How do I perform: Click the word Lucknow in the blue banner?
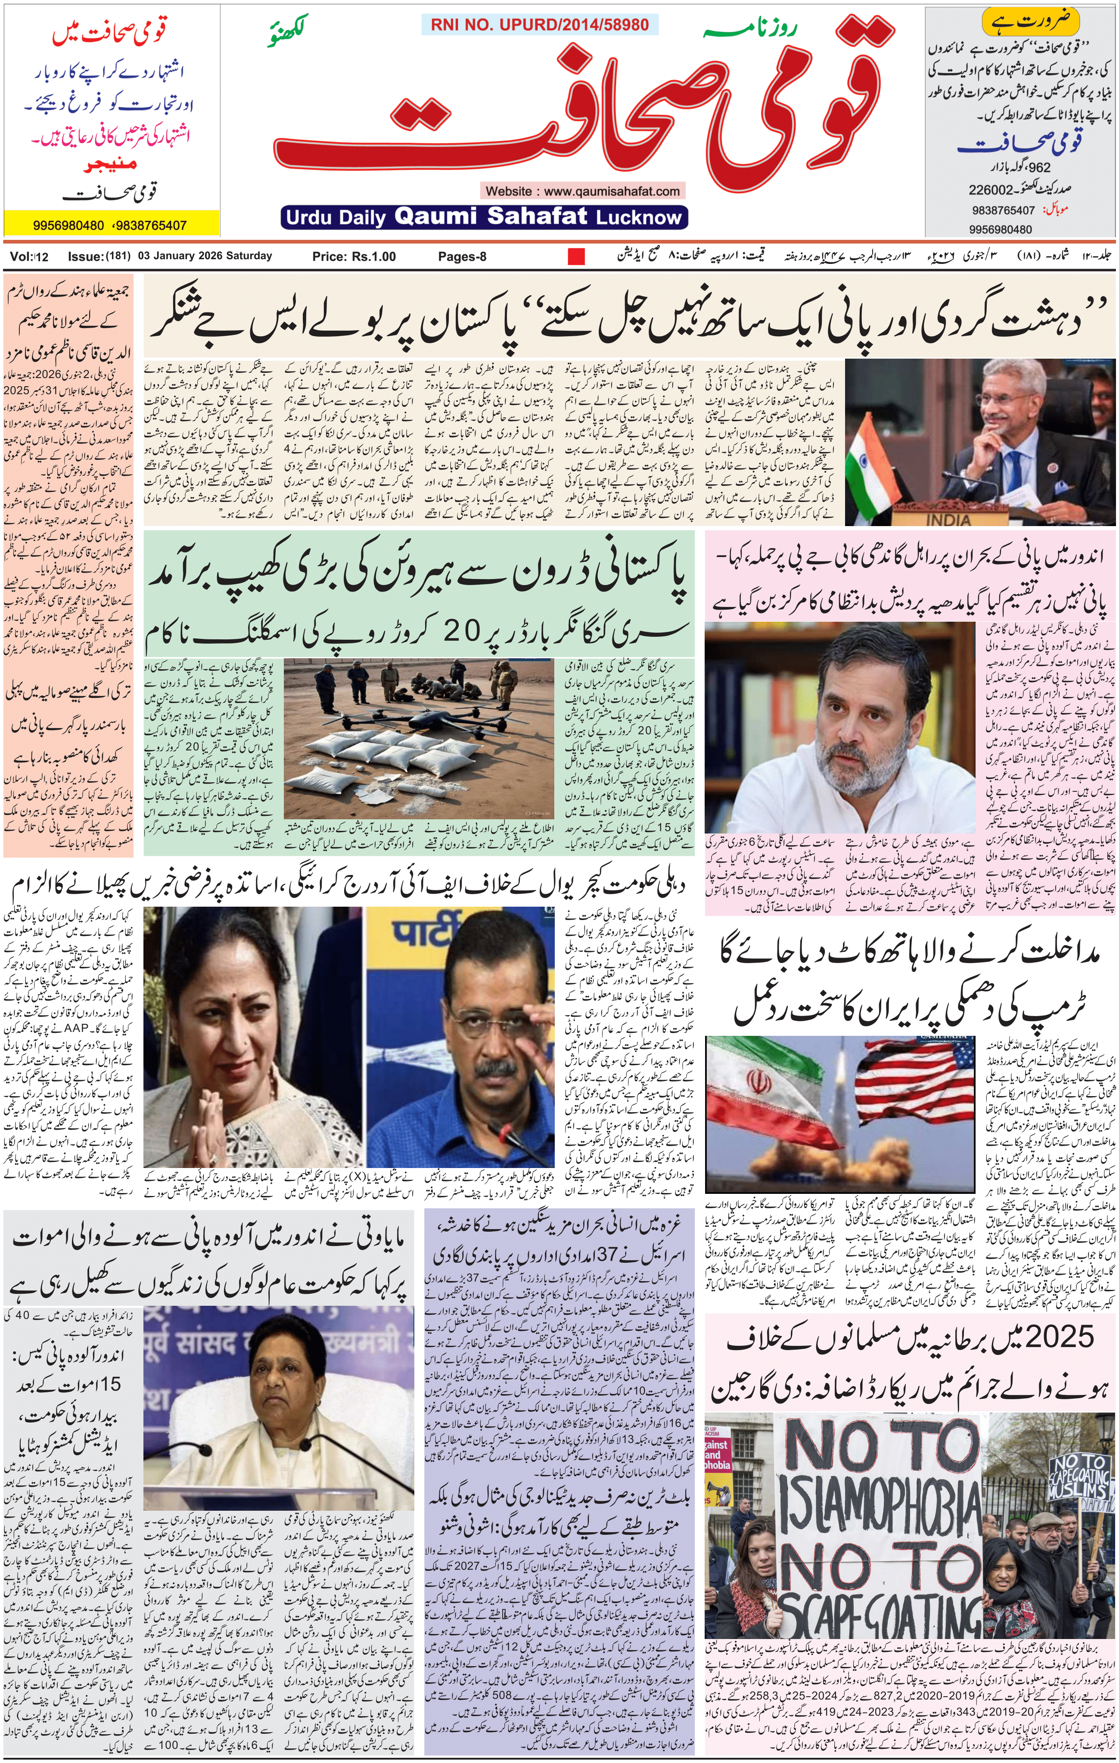pyautogui.click(x=639, y=217)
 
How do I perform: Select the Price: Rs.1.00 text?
pyautogui.click(x=354, y=256)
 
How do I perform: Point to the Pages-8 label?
pyautogui.click(x=462, y=256)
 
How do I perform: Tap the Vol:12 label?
pyautogui.click(x=29, y=256)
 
